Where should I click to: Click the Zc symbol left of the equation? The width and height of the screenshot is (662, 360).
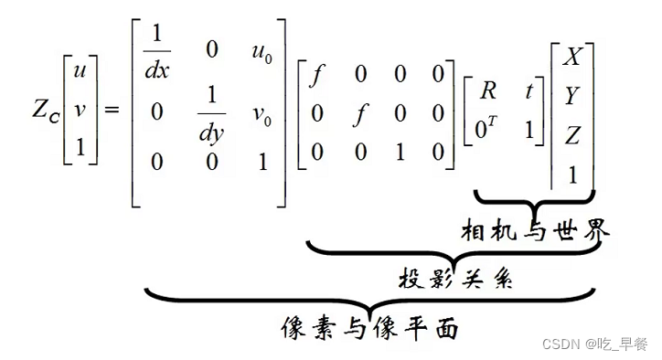pos(42,110)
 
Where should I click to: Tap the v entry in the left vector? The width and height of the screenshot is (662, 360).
pos(80,110)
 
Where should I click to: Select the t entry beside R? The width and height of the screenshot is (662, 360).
pos(528,90)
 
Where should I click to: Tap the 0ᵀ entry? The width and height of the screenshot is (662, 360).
pos(487,129)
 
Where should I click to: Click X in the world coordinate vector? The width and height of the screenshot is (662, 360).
pos(572,57)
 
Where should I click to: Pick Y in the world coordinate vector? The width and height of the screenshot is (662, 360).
pos(572,96)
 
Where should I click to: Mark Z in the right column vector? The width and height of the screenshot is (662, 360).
pos(572,135)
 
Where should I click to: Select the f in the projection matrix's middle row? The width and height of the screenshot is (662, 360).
pos(360,114)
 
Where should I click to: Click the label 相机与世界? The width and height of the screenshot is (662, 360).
pos(535,232)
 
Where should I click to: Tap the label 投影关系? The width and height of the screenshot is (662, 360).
pos(455,279)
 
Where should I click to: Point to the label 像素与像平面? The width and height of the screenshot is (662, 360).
pos(368,327)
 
